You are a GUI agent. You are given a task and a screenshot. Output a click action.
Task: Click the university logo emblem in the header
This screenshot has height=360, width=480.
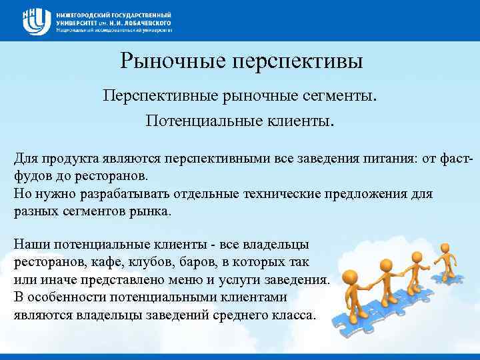tap(35, 21)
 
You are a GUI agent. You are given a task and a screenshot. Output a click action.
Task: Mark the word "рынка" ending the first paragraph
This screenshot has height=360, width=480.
tap(153, 212)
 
